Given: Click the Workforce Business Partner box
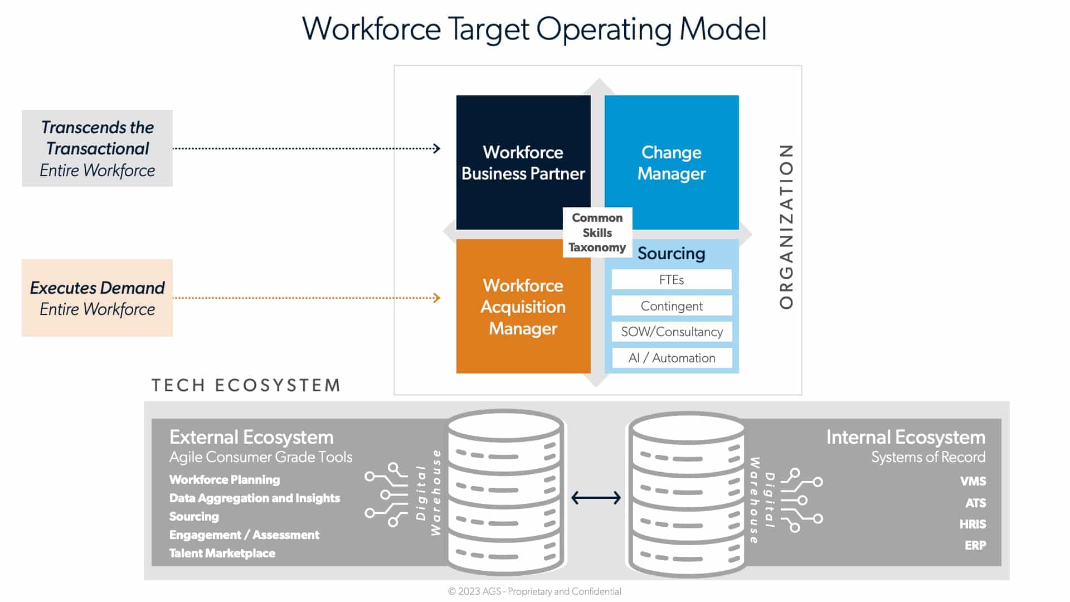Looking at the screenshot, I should click(523, 162).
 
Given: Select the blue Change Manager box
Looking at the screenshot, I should click(672, 162).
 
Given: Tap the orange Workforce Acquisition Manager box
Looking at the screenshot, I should click(523, 307).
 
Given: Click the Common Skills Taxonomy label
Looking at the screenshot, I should click(597, 232).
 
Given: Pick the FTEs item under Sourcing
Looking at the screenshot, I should click(671, 280).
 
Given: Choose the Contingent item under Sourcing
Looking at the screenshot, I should click(671, 306).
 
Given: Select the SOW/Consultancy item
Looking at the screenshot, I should click(671, 332).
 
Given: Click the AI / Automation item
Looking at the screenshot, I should click(671, 358).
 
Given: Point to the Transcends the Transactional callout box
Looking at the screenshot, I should click(97, 148).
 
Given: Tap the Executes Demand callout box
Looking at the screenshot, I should click(97, 298).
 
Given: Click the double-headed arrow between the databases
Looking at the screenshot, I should click(596, 497).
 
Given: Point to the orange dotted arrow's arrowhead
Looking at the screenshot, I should click(437, 298).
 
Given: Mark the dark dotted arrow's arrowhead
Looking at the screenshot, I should click(437, 148).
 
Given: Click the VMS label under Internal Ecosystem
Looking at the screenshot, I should click(972, 481).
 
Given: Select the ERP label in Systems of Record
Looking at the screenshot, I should click(975, 545).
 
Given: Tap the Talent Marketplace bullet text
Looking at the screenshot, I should click(222, 553).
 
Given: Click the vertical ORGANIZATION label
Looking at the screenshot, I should click(786, 226).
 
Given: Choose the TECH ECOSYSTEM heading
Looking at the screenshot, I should click(246, 385).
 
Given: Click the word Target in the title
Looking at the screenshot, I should click(488, 29).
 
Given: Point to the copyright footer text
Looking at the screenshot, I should click(534, 591).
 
